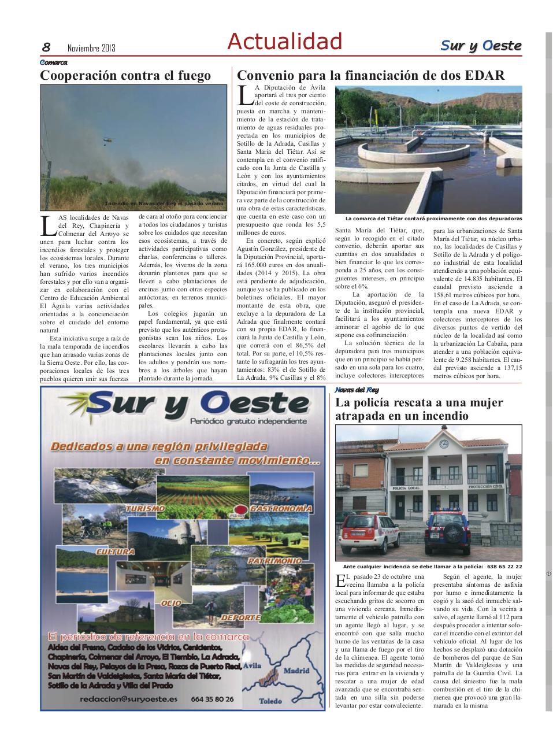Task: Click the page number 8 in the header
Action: (46, 47)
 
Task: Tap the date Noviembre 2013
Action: (91, 48)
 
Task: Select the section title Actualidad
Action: (284, 42)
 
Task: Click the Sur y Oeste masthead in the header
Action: (481, 45)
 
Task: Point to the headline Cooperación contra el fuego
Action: (125, 75)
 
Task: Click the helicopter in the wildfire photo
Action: (107, 139)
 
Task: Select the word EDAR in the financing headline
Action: (484, 75)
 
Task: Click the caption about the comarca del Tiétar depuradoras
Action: (433, 219)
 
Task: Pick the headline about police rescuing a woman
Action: (419, 409)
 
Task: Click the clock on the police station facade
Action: (444, 444)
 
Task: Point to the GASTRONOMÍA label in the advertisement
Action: (282, 509)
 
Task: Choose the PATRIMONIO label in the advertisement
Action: (275, 561)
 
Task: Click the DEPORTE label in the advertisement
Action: (240, 617)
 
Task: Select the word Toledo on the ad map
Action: (270, 701)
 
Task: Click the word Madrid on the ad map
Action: (296, 672)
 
